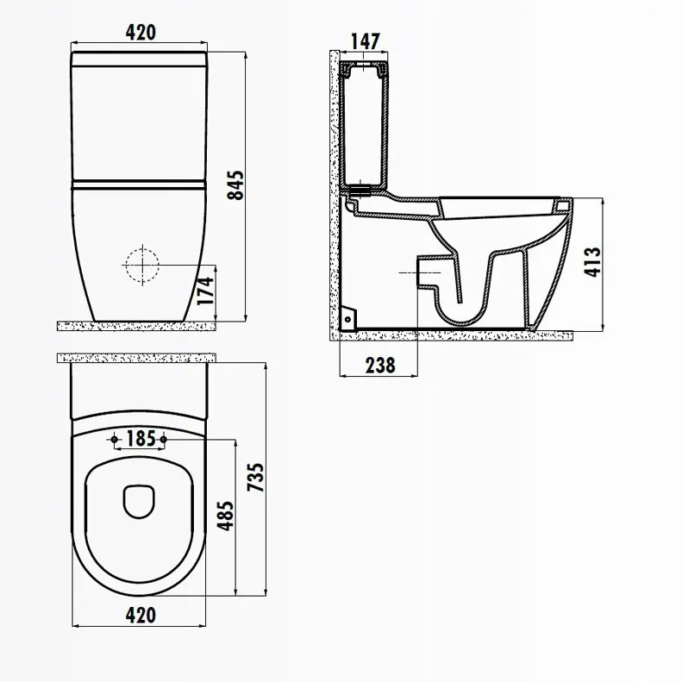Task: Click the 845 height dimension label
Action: tap(236, 185)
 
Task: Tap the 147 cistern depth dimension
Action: tap(366, 41)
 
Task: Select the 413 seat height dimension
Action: tap(592, 262)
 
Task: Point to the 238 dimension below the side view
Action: tap(380, 366)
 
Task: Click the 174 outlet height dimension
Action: tap(205, 291)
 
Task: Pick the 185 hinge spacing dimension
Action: tap(141, 438)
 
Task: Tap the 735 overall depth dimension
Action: tap(256, 478)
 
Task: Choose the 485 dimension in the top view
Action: tap(225, 516)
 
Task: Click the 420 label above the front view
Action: tap(141, 33)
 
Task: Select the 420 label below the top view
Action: tap(141, 615)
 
